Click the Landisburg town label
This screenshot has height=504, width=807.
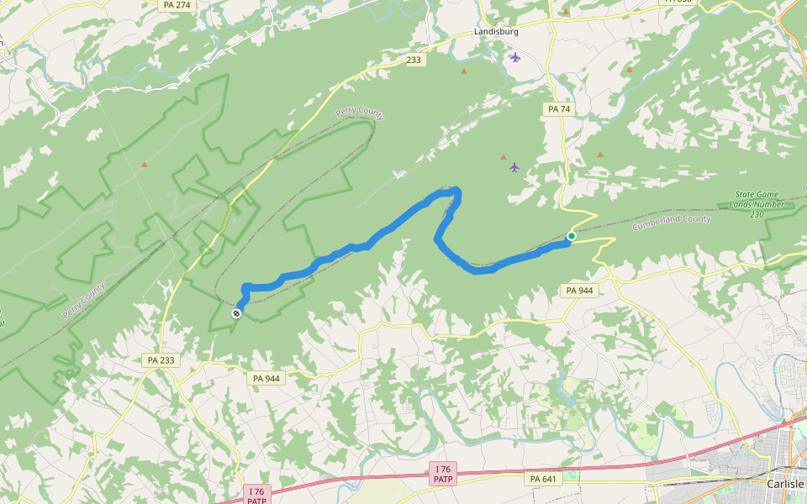point(496,32)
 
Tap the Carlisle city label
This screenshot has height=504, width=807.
point(786,484)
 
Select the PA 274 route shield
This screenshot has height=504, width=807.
point(176,5)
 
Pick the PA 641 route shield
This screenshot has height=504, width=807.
point(544,479)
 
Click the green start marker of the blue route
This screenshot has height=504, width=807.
point(572,236)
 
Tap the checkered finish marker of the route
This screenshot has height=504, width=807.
point(237,313)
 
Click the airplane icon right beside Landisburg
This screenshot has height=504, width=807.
point(515,57)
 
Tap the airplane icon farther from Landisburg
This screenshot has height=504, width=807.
point(514,167)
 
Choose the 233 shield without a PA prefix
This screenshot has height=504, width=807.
point(413,60)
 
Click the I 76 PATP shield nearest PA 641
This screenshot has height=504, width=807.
point(443,473)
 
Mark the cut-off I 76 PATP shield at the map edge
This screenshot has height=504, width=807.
point(257,496)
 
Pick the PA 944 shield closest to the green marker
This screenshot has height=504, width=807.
point(579,291)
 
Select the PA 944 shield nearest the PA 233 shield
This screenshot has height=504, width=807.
point(266,379)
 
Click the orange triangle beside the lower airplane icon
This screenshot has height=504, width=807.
point(504,156)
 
